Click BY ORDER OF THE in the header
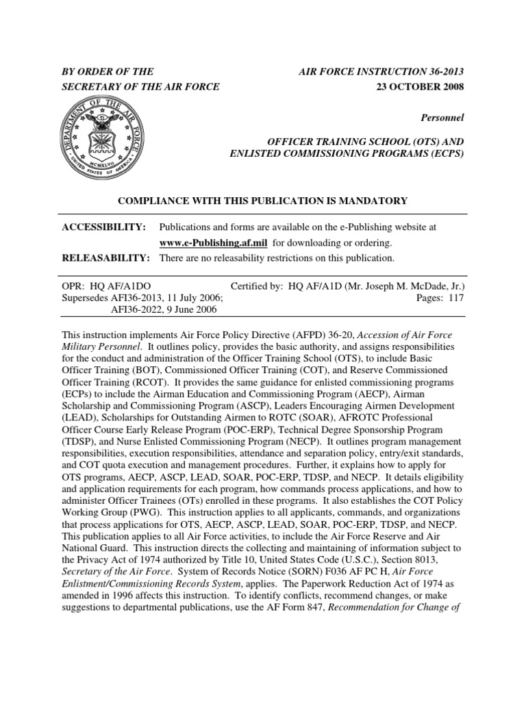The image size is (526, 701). coord(108,71)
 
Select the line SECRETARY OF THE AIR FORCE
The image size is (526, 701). coord(141,87)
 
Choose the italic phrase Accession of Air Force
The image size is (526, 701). coord(405,335)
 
